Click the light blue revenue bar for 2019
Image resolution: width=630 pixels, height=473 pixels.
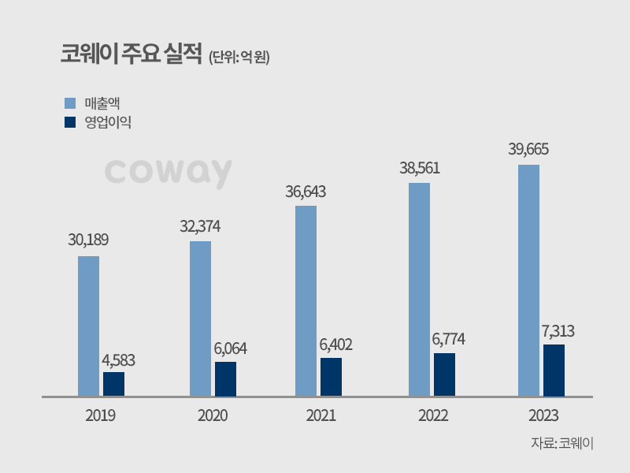[88, 325]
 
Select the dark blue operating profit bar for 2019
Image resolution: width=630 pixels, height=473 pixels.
[113, 383]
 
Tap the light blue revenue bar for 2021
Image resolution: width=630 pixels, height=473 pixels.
[306, 300]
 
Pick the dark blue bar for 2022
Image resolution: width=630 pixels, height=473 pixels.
[444, 374]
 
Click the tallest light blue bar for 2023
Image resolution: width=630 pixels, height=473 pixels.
[528, 280]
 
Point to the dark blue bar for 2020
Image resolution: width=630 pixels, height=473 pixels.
[225, 378]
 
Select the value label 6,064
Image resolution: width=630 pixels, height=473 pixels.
[227, 348]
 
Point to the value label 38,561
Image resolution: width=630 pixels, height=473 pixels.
[418, 168]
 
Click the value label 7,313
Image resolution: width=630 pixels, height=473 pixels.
[554, 331]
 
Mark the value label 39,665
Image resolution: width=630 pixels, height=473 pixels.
[528, 150]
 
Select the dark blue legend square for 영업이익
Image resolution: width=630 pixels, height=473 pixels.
[69, 122]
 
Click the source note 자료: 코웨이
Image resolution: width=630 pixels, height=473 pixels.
[561, 443]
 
